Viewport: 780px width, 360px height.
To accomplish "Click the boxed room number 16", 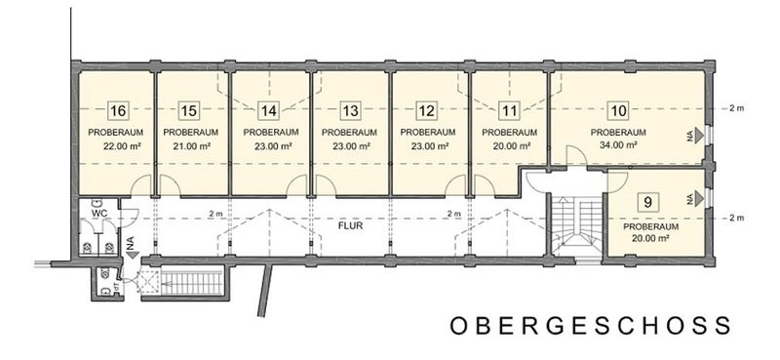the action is [x=118, y=110].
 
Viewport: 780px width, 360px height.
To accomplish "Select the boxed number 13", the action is [x=351, y=110].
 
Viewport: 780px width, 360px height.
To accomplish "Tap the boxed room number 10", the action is [x=618, y=110].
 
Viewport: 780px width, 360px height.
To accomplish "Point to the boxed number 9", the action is [x=647, y=202].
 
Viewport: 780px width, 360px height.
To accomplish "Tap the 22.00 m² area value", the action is [x=121, y=146].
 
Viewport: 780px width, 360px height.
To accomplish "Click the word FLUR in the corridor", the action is [x=350, y=225].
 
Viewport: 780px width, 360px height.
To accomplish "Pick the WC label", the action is [x=97, y=213].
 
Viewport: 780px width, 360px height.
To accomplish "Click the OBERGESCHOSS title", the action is [x=591, y=326].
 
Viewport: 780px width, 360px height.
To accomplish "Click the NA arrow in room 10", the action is [x=697, y=135].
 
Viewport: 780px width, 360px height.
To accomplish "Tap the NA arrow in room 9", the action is [x=697, y=198].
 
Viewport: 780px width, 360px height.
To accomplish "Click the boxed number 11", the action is [x=509, y=110].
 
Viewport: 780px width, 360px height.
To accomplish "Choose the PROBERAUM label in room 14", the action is [x=271, y=133].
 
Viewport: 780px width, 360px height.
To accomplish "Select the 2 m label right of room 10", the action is [x=736, y=108].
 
